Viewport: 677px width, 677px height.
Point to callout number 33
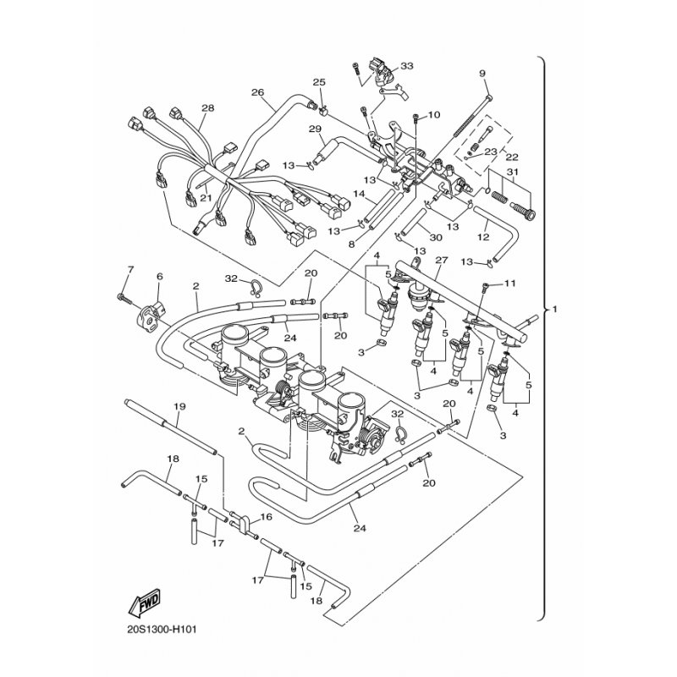[x=407, y=66]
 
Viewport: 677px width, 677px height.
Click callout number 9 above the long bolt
[x=483, y=74]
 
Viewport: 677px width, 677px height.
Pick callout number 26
[x=258, y=92]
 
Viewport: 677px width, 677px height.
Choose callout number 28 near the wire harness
[x=207, y=108]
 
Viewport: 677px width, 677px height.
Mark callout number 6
[x=159, y=277]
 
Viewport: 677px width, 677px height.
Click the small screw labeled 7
[x=123, y=298]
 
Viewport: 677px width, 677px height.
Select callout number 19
[x=179, y=407]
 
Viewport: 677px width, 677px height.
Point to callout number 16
[x=266, y=516]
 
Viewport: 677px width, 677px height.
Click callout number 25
[x=319, y=82]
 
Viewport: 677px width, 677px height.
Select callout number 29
[x=315, y=129]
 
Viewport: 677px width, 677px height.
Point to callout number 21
[x=204, y=197]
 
